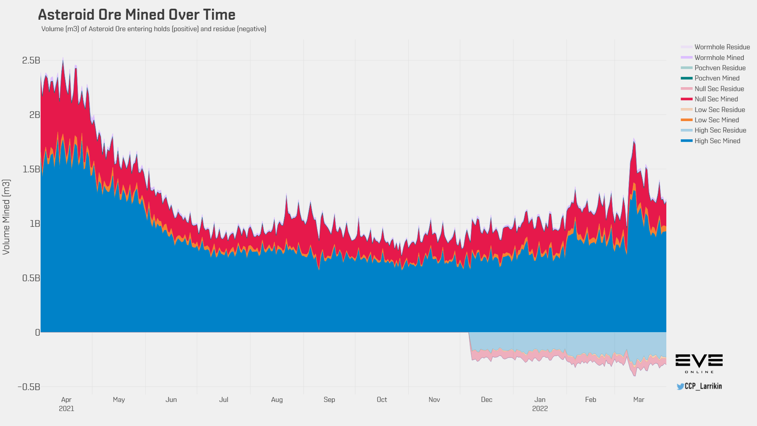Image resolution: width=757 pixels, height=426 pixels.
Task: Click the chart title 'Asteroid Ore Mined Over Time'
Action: (136, 15)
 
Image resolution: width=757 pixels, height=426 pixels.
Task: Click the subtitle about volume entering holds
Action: (153, 29)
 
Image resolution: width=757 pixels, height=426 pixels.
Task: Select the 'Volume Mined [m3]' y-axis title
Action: (6, 217)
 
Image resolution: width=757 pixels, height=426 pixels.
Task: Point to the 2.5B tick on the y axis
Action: (31, 60)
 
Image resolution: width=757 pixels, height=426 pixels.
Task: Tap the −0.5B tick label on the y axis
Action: (29, 387)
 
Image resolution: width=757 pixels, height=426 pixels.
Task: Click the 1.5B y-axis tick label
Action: (31, 169)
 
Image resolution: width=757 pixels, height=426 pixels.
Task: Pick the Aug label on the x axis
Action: (277, 400)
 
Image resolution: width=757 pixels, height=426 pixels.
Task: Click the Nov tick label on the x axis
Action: (434, 400)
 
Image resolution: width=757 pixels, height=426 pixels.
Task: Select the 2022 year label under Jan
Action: (540, 409)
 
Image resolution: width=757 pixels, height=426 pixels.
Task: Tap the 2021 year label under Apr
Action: (66, 409)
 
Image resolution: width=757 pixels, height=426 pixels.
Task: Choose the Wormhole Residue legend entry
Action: (722, 47)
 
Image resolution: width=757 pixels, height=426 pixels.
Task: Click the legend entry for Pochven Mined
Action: (717, 78)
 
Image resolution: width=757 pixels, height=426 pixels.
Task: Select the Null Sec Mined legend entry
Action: (716, 99)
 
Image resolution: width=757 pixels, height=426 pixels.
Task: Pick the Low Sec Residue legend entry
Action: (720, 110)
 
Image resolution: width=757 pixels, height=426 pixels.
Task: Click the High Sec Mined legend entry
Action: (717, 141)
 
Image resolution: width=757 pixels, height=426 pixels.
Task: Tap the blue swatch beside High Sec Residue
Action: (686, 131)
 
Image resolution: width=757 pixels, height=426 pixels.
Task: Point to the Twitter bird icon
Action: (681, 387)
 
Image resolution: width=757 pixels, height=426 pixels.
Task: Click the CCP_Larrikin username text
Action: (703, 386)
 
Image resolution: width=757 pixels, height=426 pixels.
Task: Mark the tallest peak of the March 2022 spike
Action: (634, 139)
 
